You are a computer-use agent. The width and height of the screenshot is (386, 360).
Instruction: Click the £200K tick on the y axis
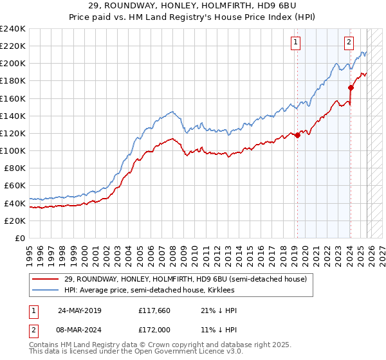[x=12, y=64]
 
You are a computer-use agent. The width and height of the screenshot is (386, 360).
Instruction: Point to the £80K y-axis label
[x=12, y=168]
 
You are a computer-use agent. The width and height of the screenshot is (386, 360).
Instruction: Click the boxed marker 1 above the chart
[x=295, y=43]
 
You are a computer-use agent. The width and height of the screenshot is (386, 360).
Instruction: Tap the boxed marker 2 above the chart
[x=349, y=43]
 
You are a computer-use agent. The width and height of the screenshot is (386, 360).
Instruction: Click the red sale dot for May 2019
[x=297, y=135]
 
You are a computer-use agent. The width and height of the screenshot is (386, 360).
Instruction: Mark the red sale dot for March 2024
[x=351, y=88]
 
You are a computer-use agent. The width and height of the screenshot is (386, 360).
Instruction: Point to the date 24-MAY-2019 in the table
[x=79, y=310]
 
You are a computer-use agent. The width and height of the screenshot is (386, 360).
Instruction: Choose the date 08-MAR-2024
[x=79, y=329]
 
